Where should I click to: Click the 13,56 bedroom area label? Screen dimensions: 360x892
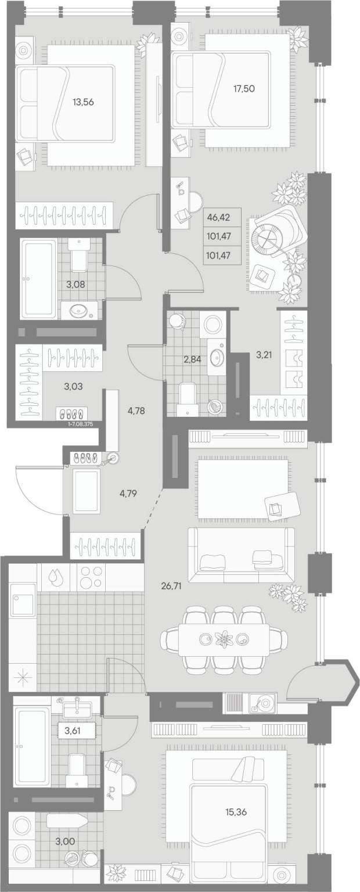click(x=83, y=102)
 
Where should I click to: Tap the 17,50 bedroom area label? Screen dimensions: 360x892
click(x=244, y=88)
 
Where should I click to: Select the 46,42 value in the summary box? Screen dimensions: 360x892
click(x=219, y=218)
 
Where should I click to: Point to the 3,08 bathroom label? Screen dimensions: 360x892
click(x=76, y=285)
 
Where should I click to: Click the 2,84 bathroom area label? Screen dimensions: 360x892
click(x=192, y=359)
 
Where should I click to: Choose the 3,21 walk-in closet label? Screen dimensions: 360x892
click(x=264, y=354)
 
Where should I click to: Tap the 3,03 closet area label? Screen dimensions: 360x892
click(x=74, y=386)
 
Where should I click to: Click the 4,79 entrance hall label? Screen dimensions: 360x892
click(x=128, y=494)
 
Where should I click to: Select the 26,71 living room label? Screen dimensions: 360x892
click(x=172, y=586)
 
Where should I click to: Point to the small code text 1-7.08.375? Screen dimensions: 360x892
click(x=81, y=424)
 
